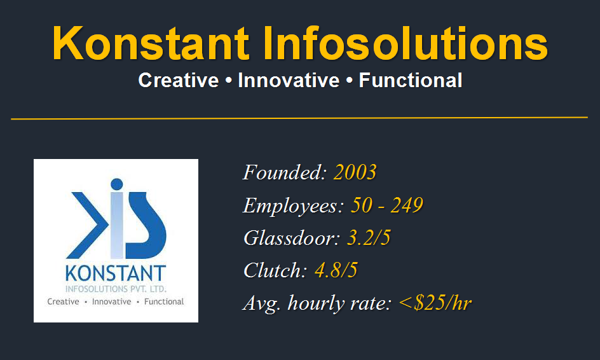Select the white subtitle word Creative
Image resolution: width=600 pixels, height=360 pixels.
[x=179, y=80]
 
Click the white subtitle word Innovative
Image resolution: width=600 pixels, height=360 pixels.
[x=289, y=80]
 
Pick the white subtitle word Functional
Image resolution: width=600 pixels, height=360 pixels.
[x=410, y=80]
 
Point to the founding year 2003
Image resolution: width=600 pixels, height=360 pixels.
[x=355, y=172]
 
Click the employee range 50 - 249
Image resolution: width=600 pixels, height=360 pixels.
[x=387, y=205]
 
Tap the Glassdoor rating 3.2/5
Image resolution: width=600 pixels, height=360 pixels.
[x=369, y=238]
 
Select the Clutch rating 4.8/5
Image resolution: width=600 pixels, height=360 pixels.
[x=336, y=270]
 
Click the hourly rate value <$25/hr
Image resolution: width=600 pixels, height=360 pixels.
[x=435, y=303]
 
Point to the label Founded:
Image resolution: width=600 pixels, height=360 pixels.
[x=285, y=172]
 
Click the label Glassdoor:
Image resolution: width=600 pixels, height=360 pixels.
[x=292, y=238]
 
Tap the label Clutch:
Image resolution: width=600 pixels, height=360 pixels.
[x=275, y=270]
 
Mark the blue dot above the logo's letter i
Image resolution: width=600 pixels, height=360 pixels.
[x=117, y=184]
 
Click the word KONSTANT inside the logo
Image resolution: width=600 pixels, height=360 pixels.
[x=116, y=273]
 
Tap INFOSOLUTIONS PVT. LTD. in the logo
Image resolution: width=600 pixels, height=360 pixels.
[x=116, y=289]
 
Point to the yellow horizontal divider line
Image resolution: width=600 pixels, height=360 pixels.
[x=299, y=118]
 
